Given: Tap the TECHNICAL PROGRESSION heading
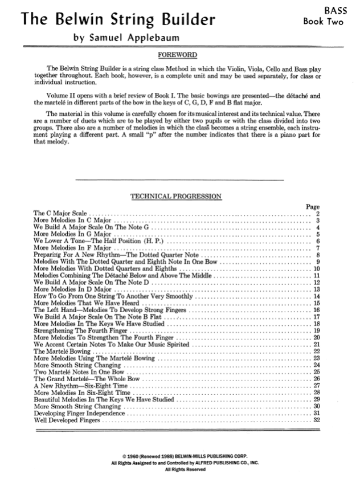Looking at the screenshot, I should (x=177, y=196).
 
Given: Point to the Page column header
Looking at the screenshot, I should (x=313, y=207).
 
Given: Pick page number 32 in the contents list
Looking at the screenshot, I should (x=316, y=420).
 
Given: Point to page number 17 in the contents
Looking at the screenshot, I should (x=316, y=317).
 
